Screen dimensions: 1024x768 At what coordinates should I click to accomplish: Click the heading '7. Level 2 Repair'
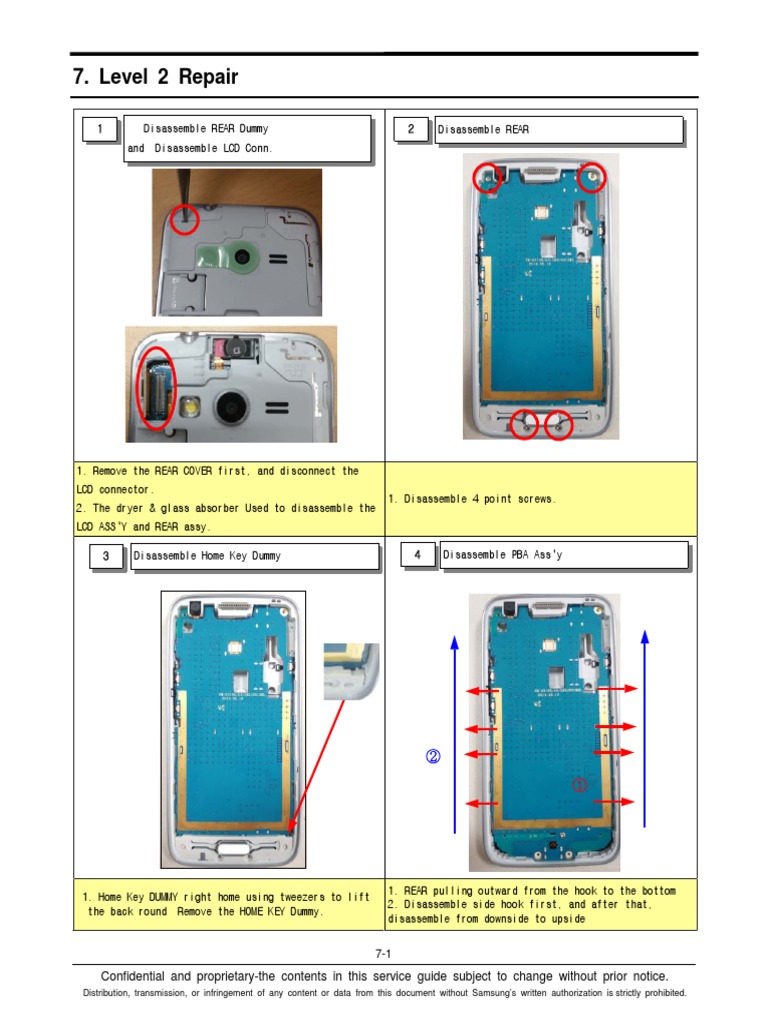point(156,77)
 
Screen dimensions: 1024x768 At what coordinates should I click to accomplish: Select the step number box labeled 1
point(98,130)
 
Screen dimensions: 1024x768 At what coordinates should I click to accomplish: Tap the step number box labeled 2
point(411,130)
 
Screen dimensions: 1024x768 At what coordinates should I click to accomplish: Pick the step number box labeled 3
point(104,557)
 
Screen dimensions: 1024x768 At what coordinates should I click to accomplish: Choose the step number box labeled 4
point(417,555)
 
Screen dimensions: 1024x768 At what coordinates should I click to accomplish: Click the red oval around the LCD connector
point(157,388)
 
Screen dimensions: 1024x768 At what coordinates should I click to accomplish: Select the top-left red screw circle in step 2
point(488,178)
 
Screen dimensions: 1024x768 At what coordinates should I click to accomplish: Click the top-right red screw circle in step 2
point(592,177)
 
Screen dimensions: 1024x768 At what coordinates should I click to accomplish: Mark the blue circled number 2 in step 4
point(433,757)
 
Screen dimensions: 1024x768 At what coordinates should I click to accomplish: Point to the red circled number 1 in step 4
point(579,786)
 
